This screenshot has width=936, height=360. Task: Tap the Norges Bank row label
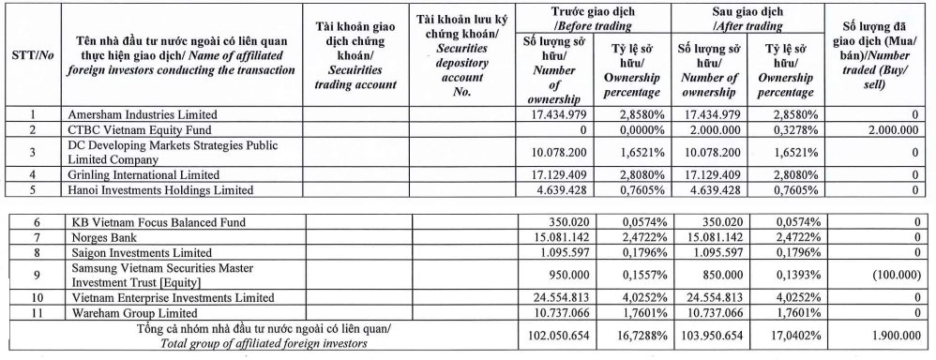(104, 238)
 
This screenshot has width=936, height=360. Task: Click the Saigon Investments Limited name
(133, 253)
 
